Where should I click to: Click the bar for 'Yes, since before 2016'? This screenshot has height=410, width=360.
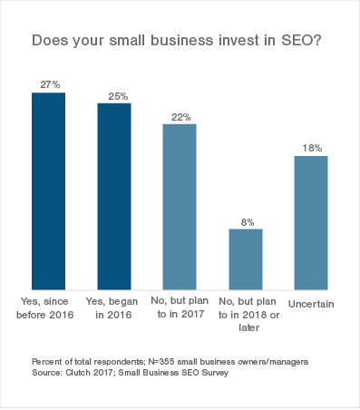[48, 189]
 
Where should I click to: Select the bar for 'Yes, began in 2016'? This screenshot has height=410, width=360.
[114, 194]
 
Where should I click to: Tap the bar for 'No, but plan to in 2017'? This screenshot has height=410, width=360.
[180, 204]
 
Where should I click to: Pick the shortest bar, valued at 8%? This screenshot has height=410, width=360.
[245, 257]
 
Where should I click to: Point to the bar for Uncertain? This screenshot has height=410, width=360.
[311, 220]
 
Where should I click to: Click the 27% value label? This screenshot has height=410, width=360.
[49, 83]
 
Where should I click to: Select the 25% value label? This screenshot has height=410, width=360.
[114, 94]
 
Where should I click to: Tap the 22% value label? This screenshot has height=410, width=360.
[180, 115]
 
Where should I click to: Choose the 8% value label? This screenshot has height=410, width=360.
[246, 220]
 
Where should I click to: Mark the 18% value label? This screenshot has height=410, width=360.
[311, 147]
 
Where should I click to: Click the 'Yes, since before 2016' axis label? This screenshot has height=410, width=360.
[49, 307]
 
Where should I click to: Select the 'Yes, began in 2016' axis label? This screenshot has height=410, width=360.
[114, 307]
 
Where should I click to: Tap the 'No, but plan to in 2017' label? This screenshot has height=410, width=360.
[180, 307]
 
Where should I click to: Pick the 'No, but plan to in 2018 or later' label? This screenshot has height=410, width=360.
[245, 314]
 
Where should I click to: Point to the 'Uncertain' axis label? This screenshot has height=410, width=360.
[311, 301]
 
